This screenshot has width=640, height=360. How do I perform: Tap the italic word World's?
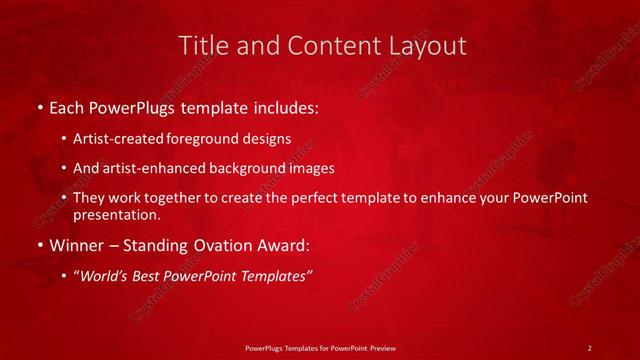[105, 277]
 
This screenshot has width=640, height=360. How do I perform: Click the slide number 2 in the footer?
[590, 347]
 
